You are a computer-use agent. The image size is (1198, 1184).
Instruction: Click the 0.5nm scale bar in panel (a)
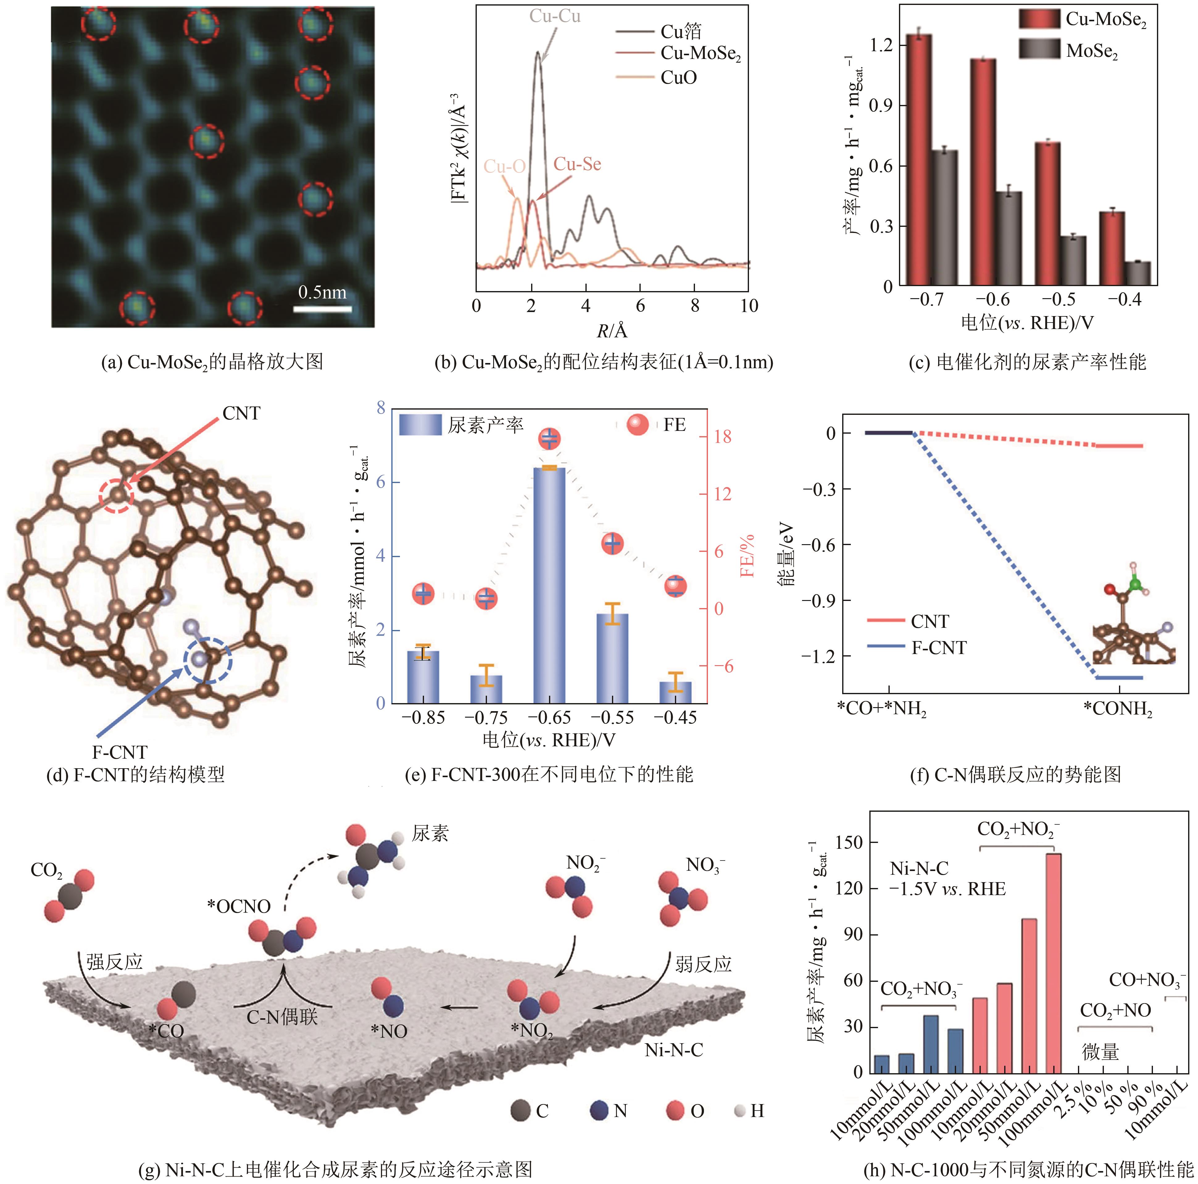coord(322,308)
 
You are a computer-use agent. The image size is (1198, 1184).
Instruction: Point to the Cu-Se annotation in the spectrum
coord(577,164)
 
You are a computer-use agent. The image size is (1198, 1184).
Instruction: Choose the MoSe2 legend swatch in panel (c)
coord(1039,50)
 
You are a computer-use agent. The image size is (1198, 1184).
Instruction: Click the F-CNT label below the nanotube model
coord(120,752)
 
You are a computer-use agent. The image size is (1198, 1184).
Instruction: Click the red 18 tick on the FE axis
coord(722,437)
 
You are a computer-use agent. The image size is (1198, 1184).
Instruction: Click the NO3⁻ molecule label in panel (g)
coord(705,865)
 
